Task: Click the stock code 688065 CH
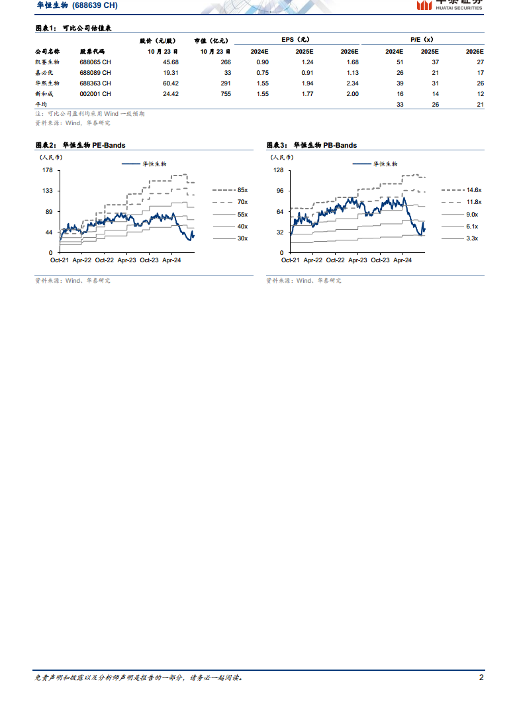[95, 62]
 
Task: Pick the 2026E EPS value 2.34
[352, 83]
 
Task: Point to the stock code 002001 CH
[95, 94]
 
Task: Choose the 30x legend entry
[242, 238]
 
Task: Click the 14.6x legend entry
[473, 190]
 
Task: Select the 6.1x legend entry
[472, 226]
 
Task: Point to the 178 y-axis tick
[47, 170]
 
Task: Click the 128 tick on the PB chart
[278, 170]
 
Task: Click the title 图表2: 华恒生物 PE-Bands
[80, 145]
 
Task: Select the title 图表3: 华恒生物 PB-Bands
[311, 145]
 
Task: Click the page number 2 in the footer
[481, 677]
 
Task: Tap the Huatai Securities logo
[449, 5]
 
